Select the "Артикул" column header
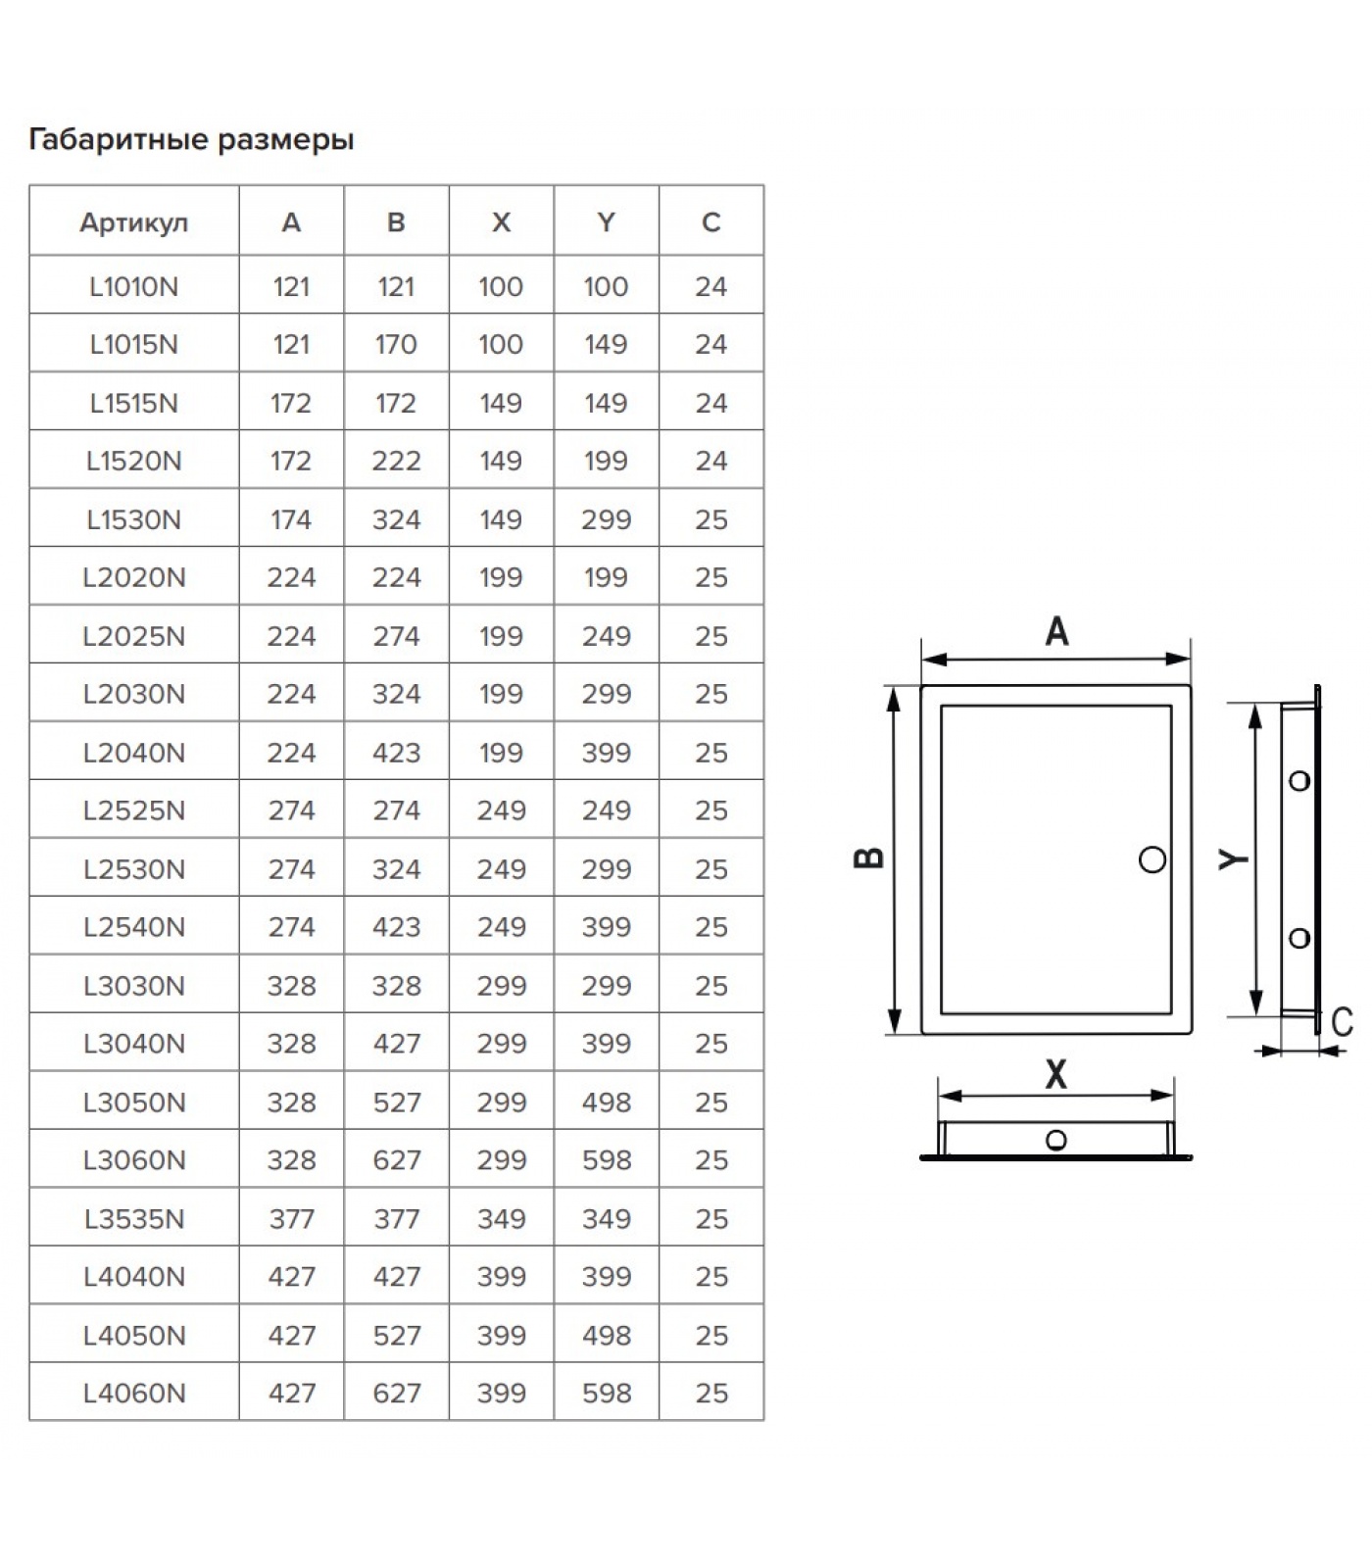click(133, 223)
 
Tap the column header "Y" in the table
click(606, 222)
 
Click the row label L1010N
click(133, 286)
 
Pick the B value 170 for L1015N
click(396, 344)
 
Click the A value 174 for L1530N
click(291, 519)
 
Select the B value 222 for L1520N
click(396, 461)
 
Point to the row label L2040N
click(133, 753)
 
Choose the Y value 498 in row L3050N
click(606, 1102)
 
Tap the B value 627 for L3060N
click(396, 1160)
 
